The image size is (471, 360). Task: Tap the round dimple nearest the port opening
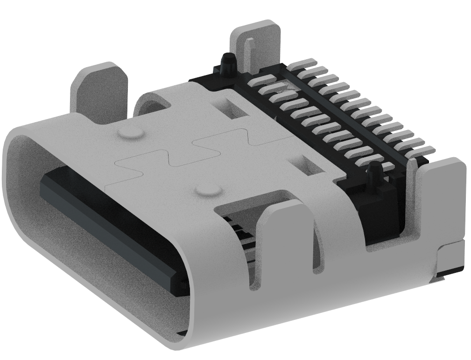pyautogui.click(x=207, y=190)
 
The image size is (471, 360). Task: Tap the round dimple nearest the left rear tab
pyautogui.click(x=130, y=133)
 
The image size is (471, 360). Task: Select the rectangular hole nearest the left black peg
pyautogui.click(x=232, y=108)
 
